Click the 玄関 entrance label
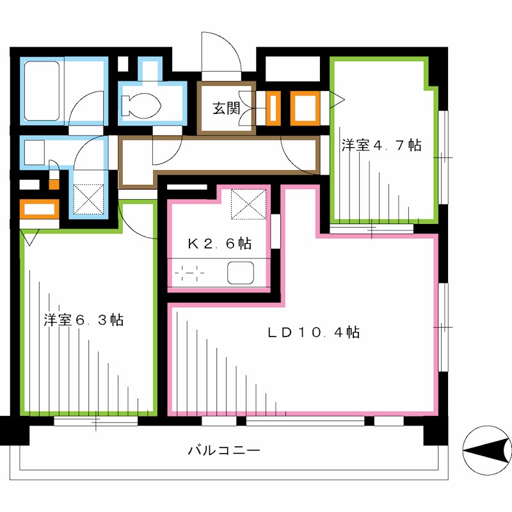coord(226,109)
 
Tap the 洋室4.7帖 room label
coord(381,145)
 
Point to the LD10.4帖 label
coord(313,332)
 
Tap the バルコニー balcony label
coord(224,451)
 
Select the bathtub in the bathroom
coord(42,90)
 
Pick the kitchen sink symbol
coord(241,273)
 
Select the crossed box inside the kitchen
coord(248,204)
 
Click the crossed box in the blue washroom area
coord(88,198)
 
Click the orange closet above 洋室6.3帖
coord(40,209)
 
